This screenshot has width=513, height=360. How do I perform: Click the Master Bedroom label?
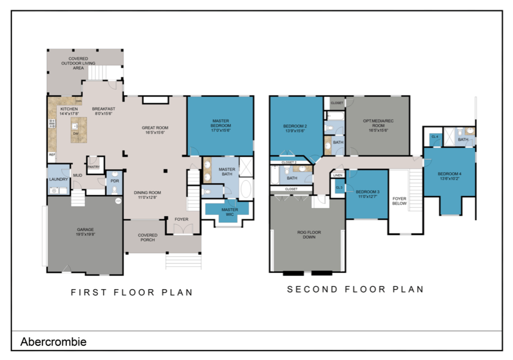(221, 123)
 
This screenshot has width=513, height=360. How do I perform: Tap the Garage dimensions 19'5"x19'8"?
(85, 234)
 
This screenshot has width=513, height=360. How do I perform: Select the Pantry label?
(93, 167)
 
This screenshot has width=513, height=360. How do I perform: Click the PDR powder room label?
(114, 181)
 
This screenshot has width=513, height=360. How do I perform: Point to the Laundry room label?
(59, 179)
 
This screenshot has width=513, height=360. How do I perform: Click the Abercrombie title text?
(53, 342)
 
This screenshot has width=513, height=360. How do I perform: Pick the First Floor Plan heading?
(132, 292)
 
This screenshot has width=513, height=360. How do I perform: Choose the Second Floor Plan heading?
(355, 290)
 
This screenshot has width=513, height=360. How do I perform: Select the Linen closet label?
(338, 176)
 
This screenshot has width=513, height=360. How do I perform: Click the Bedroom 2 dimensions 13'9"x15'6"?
(295, 131)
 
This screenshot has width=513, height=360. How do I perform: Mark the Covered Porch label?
(147, 237)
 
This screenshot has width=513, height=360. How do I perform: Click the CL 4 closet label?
(435, 137)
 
